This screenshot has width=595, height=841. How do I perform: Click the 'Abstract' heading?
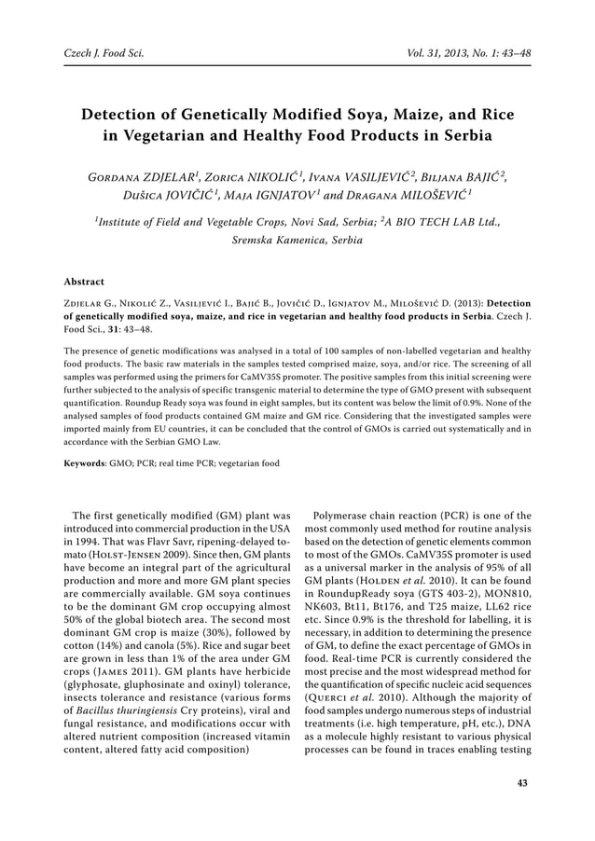(x=84, y=281)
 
